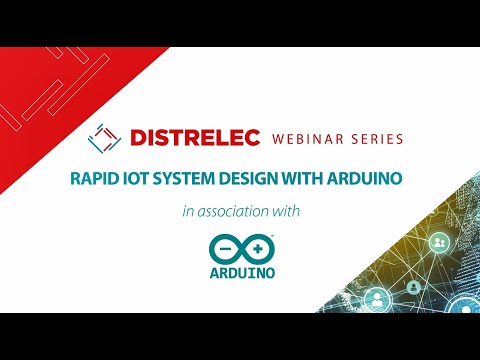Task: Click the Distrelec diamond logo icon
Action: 103,136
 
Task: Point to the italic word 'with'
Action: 287,211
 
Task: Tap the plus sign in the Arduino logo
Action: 257,248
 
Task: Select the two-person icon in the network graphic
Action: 438,243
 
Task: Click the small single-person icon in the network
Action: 413,287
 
